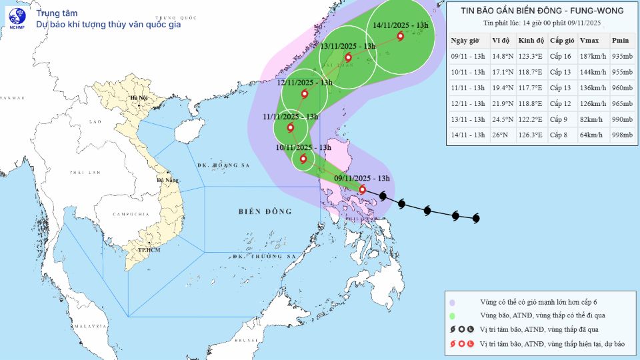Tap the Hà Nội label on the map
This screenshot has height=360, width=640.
(139, 99)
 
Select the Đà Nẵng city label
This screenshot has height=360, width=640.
(167, 180)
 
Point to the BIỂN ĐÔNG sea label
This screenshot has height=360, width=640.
(265, 211)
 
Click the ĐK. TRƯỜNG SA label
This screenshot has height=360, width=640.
(264, 256)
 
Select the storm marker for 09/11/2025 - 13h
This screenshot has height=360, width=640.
(362, 190)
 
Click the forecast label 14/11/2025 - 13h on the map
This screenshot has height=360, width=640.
(401, 25)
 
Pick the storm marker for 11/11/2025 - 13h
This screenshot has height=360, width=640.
(290, 128)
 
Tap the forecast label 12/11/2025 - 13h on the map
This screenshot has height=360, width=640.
(305, 82)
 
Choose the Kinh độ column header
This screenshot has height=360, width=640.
(531, 39)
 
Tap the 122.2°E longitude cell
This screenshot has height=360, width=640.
(531, 119)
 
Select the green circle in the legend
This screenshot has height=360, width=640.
(453, 316)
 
